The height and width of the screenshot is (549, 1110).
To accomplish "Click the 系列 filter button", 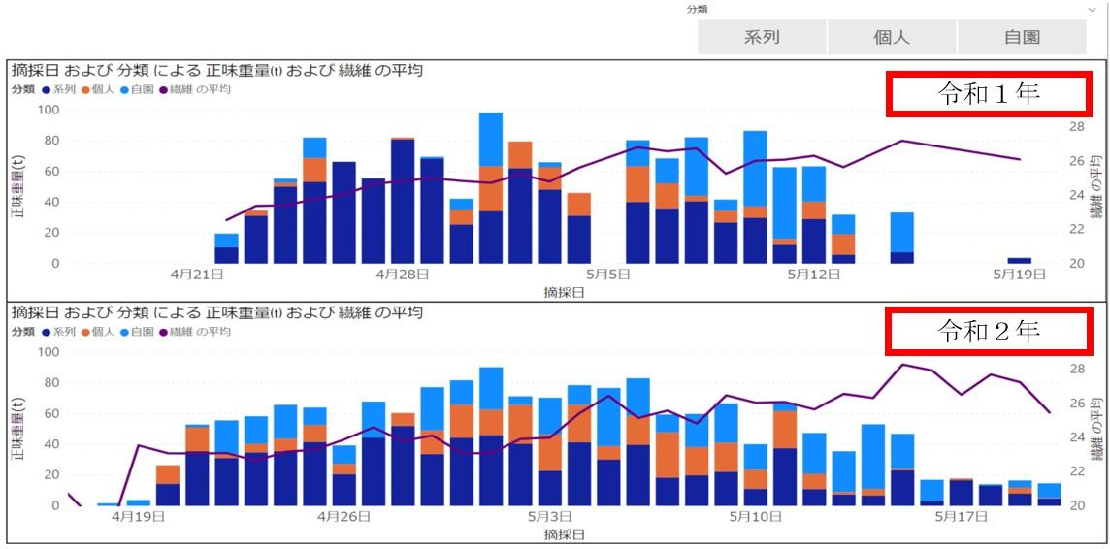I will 762,38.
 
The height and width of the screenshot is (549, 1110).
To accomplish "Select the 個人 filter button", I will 892,38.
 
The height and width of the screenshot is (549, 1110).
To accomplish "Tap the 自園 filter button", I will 1022,38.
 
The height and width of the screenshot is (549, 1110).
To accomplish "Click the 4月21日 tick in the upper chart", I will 197,274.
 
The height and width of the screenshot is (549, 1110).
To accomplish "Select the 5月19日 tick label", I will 1019,274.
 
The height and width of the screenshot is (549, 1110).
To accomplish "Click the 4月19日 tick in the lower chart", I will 138,517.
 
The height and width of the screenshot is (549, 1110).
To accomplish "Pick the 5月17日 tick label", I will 961,517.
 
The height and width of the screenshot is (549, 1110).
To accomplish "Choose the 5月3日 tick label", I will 549,517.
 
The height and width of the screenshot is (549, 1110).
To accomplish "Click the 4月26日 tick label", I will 343,517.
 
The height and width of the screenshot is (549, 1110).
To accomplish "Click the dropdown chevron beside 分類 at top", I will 1093,9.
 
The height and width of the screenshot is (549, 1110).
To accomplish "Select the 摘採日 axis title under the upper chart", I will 565,292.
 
